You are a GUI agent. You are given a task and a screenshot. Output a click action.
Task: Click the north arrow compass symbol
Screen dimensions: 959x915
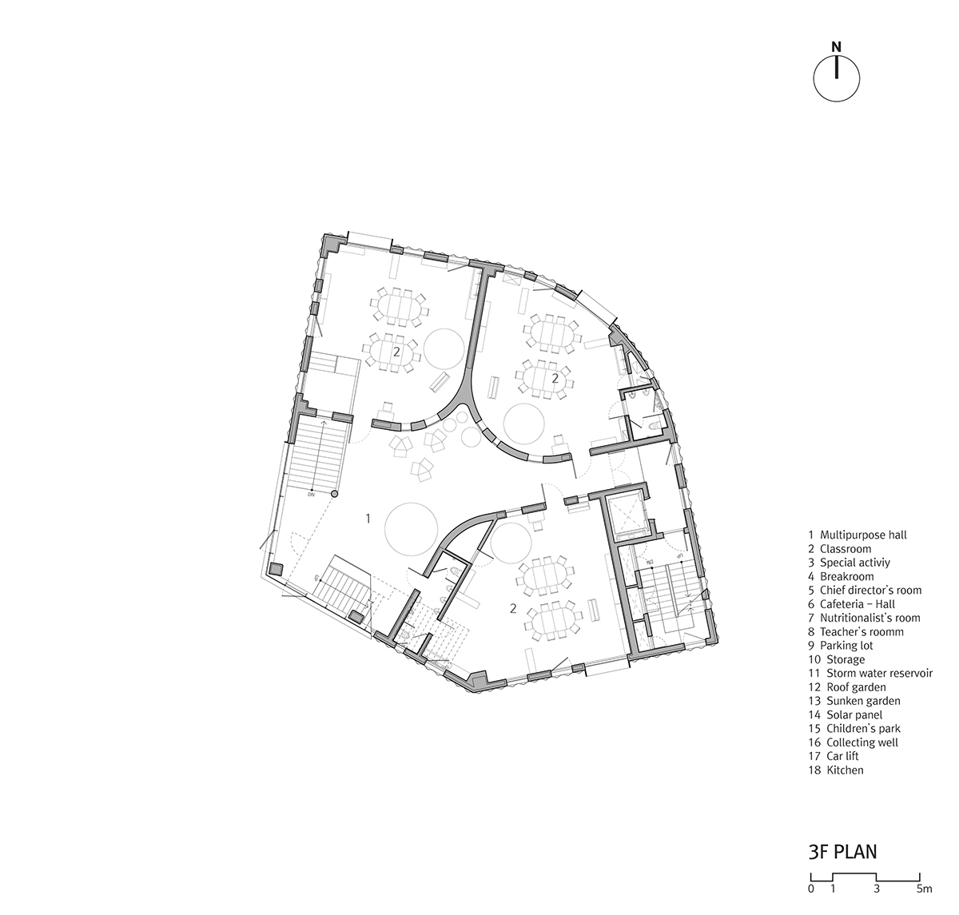click(836, 78)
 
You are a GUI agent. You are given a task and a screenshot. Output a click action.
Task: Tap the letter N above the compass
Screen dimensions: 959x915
click(836, 47)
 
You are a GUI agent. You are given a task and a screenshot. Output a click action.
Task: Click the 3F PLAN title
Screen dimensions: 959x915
click(842, 852)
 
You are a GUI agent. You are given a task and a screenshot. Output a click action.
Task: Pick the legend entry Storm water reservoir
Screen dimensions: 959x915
click(870, 673)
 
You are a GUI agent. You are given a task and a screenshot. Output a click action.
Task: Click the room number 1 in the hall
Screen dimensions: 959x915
click(368, 519)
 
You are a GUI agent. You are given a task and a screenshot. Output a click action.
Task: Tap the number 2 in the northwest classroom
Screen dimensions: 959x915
click(396, 351)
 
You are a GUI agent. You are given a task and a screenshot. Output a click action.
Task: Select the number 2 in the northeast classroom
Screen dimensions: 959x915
click(555, 378)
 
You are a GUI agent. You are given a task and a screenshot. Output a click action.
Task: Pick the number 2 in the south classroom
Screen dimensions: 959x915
click(513, 608)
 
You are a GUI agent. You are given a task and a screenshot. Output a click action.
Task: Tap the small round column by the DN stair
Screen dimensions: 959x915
click(335, 494)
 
